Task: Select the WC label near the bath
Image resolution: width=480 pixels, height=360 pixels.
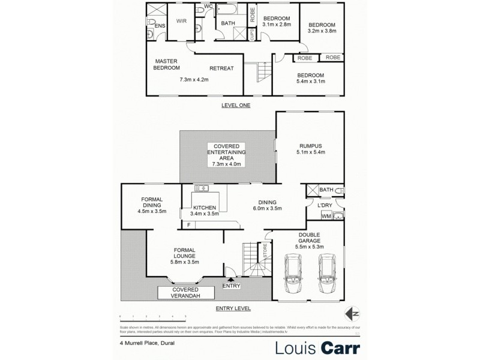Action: coord(209,7)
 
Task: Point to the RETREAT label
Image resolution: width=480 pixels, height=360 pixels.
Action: coord(221,68)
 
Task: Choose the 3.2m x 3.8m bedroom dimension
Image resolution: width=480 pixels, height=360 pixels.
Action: coord(321,32)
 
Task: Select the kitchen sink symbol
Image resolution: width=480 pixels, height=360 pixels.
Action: coord(201,188)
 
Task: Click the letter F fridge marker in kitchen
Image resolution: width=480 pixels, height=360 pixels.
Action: coord(188,225)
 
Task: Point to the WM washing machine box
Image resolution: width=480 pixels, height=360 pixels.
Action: coord(326,216)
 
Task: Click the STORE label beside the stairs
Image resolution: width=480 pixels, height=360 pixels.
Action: coord(263,251)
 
